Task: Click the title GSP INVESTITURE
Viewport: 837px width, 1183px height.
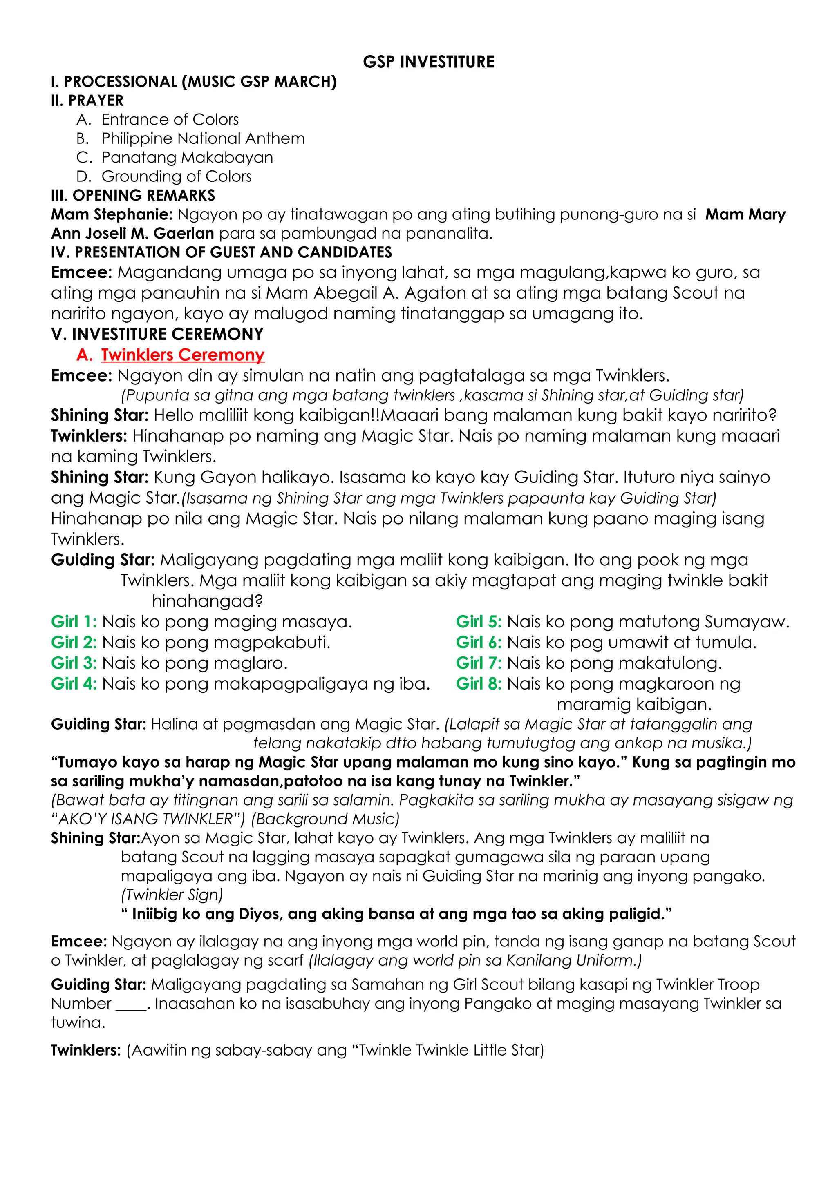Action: (x=428, y=62)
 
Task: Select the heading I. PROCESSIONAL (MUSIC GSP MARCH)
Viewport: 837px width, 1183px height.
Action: (x=193, y=81)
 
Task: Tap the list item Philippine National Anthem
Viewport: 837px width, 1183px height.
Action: (x=203, y=138)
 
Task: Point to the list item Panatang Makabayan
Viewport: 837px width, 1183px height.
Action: (x=187, y=157)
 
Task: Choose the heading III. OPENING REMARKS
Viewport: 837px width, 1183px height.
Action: (x=133, y=195)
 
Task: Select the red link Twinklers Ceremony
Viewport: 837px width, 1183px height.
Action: (x=182, y=355)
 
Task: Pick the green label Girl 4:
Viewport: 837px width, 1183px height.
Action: (x=74, y=684)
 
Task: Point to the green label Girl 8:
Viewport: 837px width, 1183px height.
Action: (x=478, y=684)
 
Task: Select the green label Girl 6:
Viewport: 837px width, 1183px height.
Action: (x=478, y=643)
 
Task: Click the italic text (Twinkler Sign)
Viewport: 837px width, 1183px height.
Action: (x=172, y=895)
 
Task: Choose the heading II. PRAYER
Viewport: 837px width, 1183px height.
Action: (x=87, y=100)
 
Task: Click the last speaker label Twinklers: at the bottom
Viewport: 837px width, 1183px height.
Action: (x=85, y=1050)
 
